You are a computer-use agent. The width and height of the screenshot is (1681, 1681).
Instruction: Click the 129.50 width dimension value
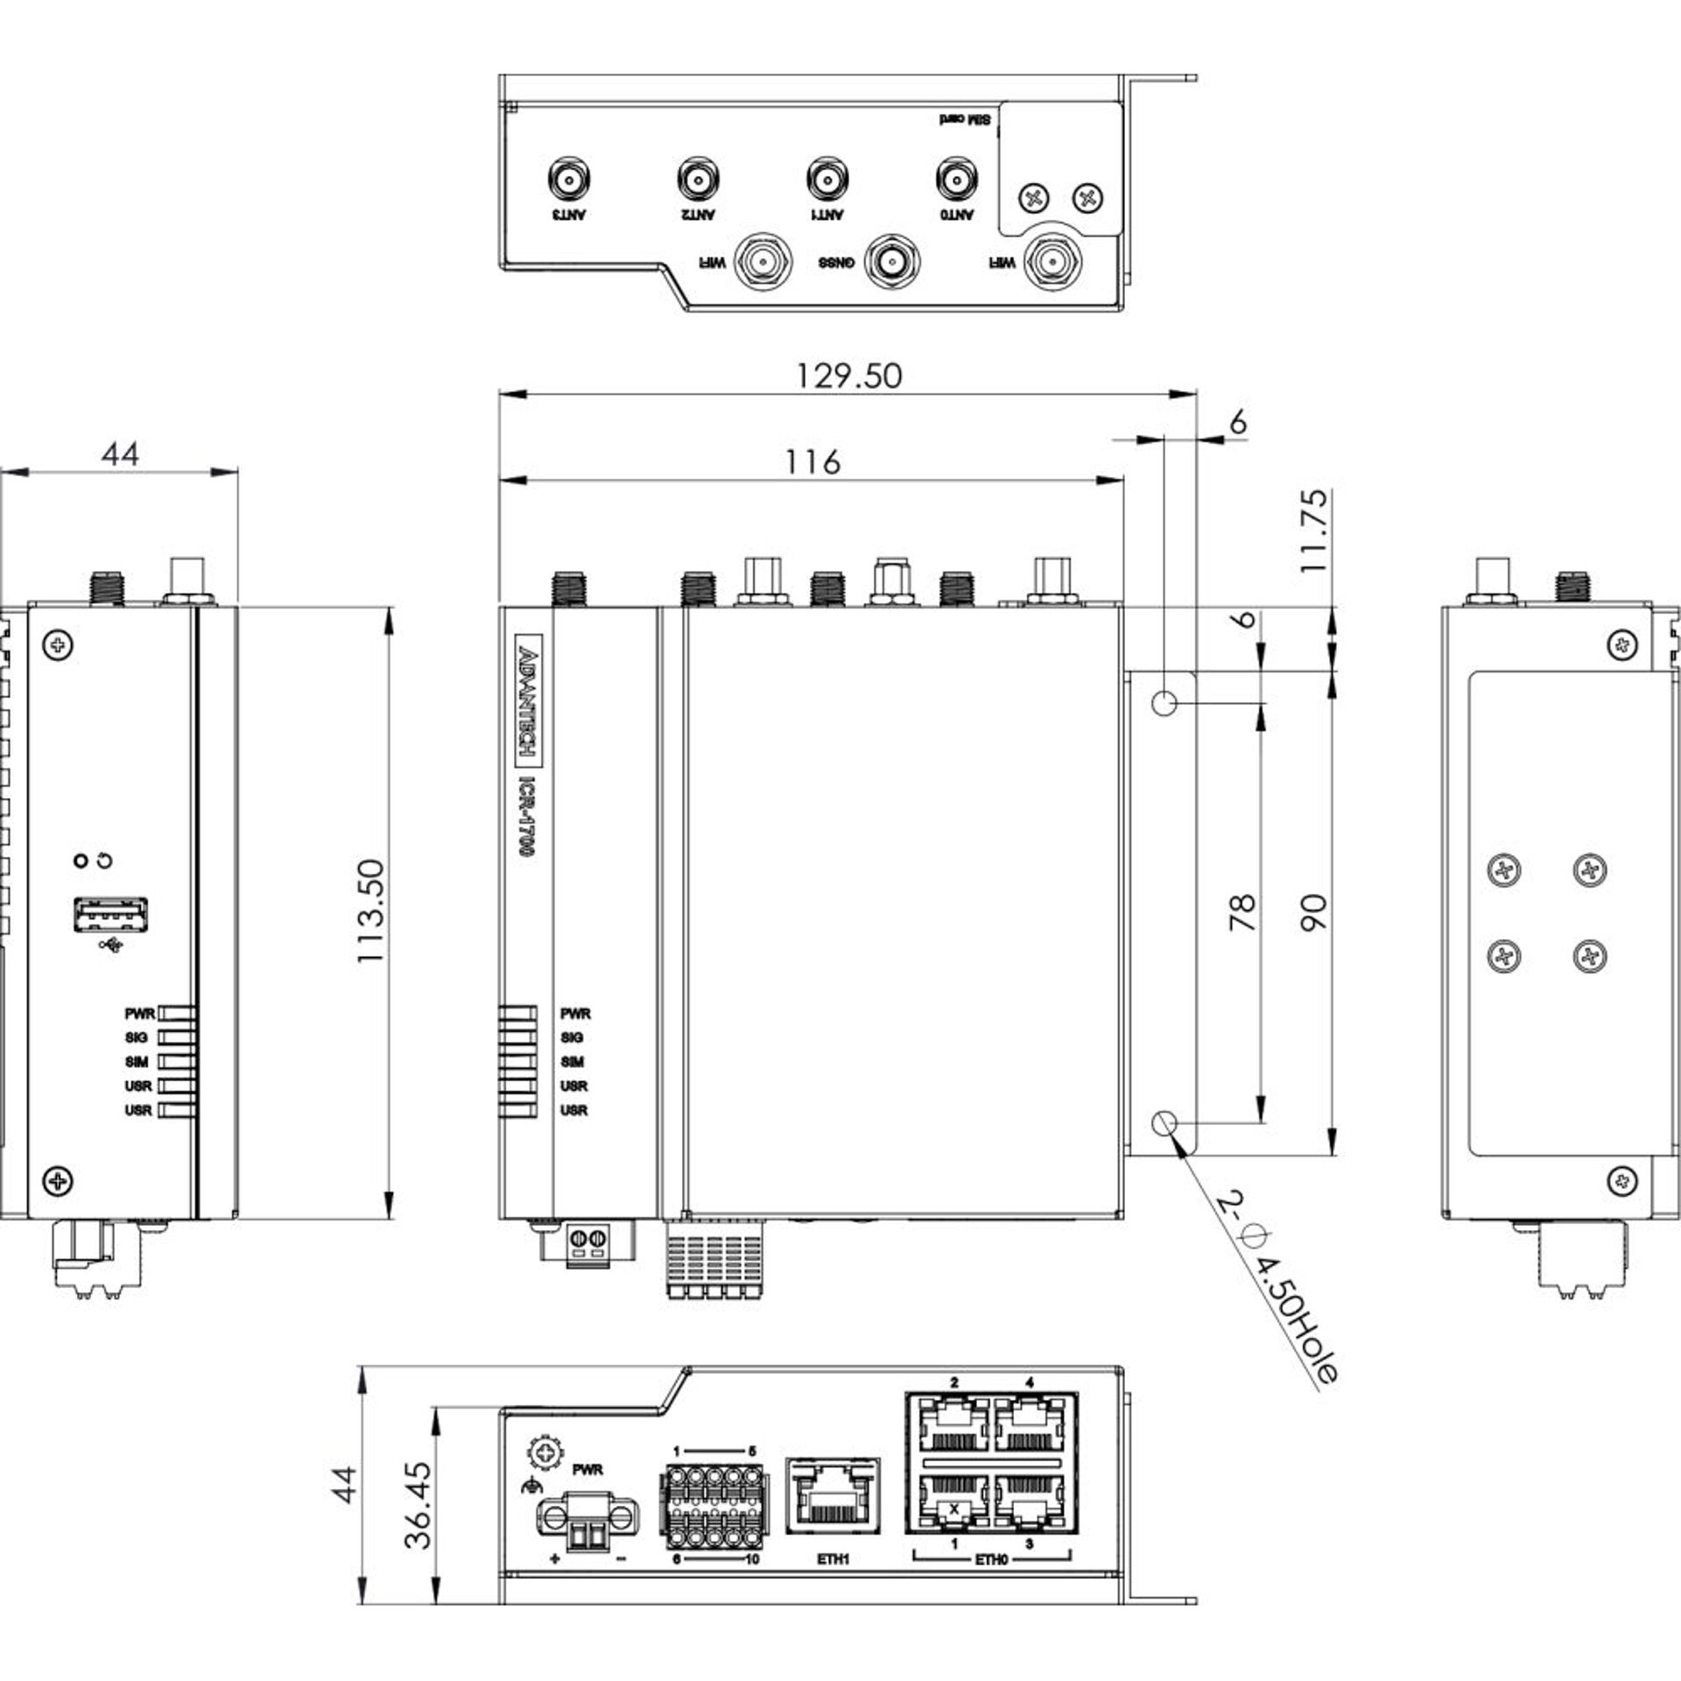coord(848,376)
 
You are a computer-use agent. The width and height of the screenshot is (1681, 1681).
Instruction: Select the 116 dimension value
coord(812,461)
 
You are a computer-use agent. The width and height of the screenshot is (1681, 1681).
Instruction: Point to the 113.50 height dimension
coord(371,911)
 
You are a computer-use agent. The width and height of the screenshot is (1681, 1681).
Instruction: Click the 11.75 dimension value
coord(1313,531)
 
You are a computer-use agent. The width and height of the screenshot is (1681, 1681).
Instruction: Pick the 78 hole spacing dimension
coord(1242,911)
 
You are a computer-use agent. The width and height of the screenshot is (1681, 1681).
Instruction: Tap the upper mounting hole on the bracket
coord(1164,702)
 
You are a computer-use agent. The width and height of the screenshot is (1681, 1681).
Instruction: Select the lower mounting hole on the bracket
coord(1164,1122)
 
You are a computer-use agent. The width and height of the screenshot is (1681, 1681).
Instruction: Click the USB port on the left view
coord(110,915)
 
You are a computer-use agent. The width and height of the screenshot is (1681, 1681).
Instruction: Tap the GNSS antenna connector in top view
coord(891,260)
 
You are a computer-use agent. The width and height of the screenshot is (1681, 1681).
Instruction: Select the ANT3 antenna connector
coord(568,180)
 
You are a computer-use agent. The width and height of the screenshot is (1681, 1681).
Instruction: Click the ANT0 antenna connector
coord(956,180)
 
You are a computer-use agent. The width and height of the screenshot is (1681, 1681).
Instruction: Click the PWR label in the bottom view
coord(587,1469)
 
